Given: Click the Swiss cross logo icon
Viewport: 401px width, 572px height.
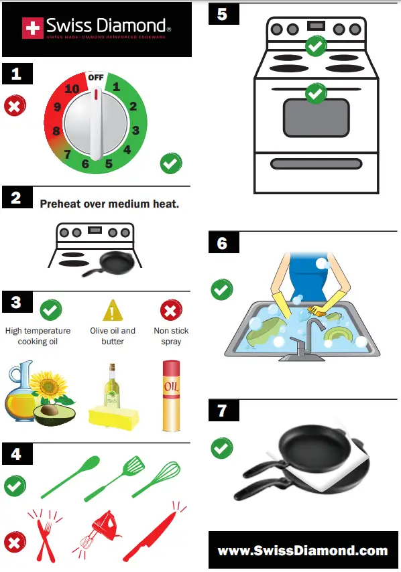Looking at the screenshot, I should click(32, 27).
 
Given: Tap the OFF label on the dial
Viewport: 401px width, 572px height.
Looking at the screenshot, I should click(96, 77).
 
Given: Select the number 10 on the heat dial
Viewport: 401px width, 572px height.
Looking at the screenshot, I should click(72, 89).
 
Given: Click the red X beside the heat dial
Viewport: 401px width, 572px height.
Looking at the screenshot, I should click(15, 106).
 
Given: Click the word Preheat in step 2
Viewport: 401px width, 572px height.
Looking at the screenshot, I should click(60, 203).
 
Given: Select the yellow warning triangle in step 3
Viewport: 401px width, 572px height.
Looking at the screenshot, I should click(112, 310).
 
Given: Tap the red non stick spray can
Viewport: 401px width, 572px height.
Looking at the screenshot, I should click(171, 395).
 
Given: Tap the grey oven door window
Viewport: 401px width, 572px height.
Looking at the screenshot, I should click(316, 117).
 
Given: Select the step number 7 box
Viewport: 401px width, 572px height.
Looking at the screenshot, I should click(223, 410).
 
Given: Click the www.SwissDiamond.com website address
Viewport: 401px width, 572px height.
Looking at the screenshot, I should click(302, 551).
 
